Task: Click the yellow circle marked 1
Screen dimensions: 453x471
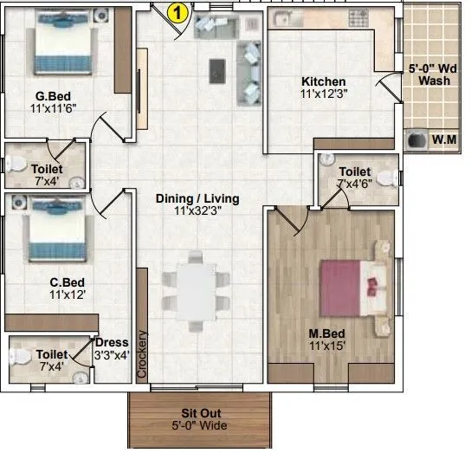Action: click(x=177, y=12)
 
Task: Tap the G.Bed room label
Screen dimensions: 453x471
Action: click(x=52, y=97)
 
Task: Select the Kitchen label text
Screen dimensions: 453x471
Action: click(x=323, y=81)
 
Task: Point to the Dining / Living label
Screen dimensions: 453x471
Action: click(x=197, y=198)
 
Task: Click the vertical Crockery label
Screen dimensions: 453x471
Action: click(x=143, y=355)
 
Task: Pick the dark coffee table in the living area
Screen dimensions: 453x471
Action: click(x=217, y=68)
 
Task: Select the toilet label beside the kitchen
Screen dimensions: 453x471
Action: click(x=355, y=171)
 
